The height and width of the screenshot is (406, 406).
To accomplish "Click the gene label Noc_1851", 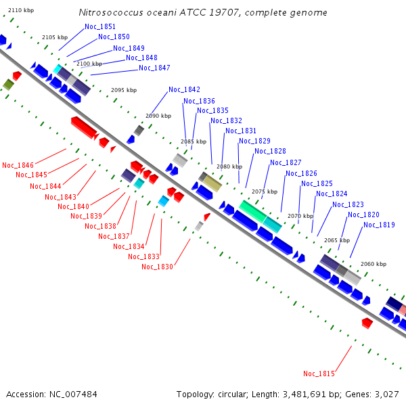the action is tap(100, 26).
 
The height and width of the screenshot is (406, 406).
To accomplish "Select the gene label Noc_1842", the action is tap(184, 89).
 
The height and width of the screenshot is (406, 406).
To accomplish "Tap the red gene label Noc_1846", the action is tap(18, 165).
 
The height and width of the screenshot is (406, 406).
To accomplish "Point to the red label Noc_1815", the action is tap(319, 374).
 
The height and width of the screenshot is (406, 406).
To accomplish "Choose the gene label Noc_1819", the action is tap(379, 225).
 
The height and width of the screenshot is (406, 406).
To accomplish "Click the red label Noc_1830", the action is tap(157, 267).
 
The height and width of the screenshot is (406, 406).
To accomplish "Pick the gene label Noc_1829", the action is tap(254, 141).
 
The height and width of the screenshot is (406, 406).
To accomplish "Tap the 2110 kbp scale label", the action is tap(21, 10).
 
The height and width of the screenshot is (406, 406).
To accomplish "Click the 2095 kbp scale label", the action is tap(124, 90).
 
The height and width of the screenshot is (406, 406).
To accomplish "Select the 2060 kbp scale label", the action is tap(374, 264).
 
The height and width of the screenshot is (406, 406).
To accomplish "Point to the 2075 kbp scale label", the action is tap(265, 191).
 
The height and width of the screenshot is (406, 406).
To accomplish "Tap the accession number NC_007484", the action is tap(73, 394).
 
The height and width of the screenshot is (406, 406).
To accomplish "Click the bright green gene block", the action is tap(252, 211).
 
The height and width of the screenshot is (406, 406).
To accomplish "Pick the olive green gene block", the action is tap(8, 85).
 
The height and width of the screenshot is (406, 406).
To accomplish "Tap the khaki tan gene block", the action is tap(212, 183).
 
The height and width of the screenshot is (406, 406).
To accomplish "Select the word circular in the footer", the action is tap(232, 394).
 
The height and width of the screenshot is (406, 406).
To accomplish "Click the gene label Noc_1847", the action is tap(154, 68).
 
